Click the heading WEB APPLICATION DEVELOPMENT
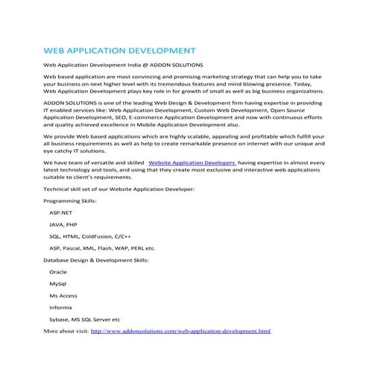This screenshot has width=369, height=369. click(x=119, y=52)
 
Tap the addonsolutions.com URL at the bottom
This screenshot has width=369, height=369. click(x=180, y=329)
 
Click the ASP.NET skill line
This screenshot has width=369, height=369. click(x=61, y=212)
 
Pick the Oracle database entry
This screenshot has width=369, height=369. click(x=58, y=272)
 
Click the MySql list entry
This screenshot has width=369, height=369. click(x=57, y=284)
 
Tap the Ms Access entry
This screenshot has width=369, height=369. click(x=63, y=296)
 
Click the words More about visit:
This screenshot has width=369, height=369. click(x=66, y=329)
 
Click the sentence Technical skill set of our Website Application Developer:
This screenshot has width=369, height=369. click(x=119, y=190)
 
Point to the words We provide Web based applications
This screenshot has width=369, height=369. click(x=94, y=137)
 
